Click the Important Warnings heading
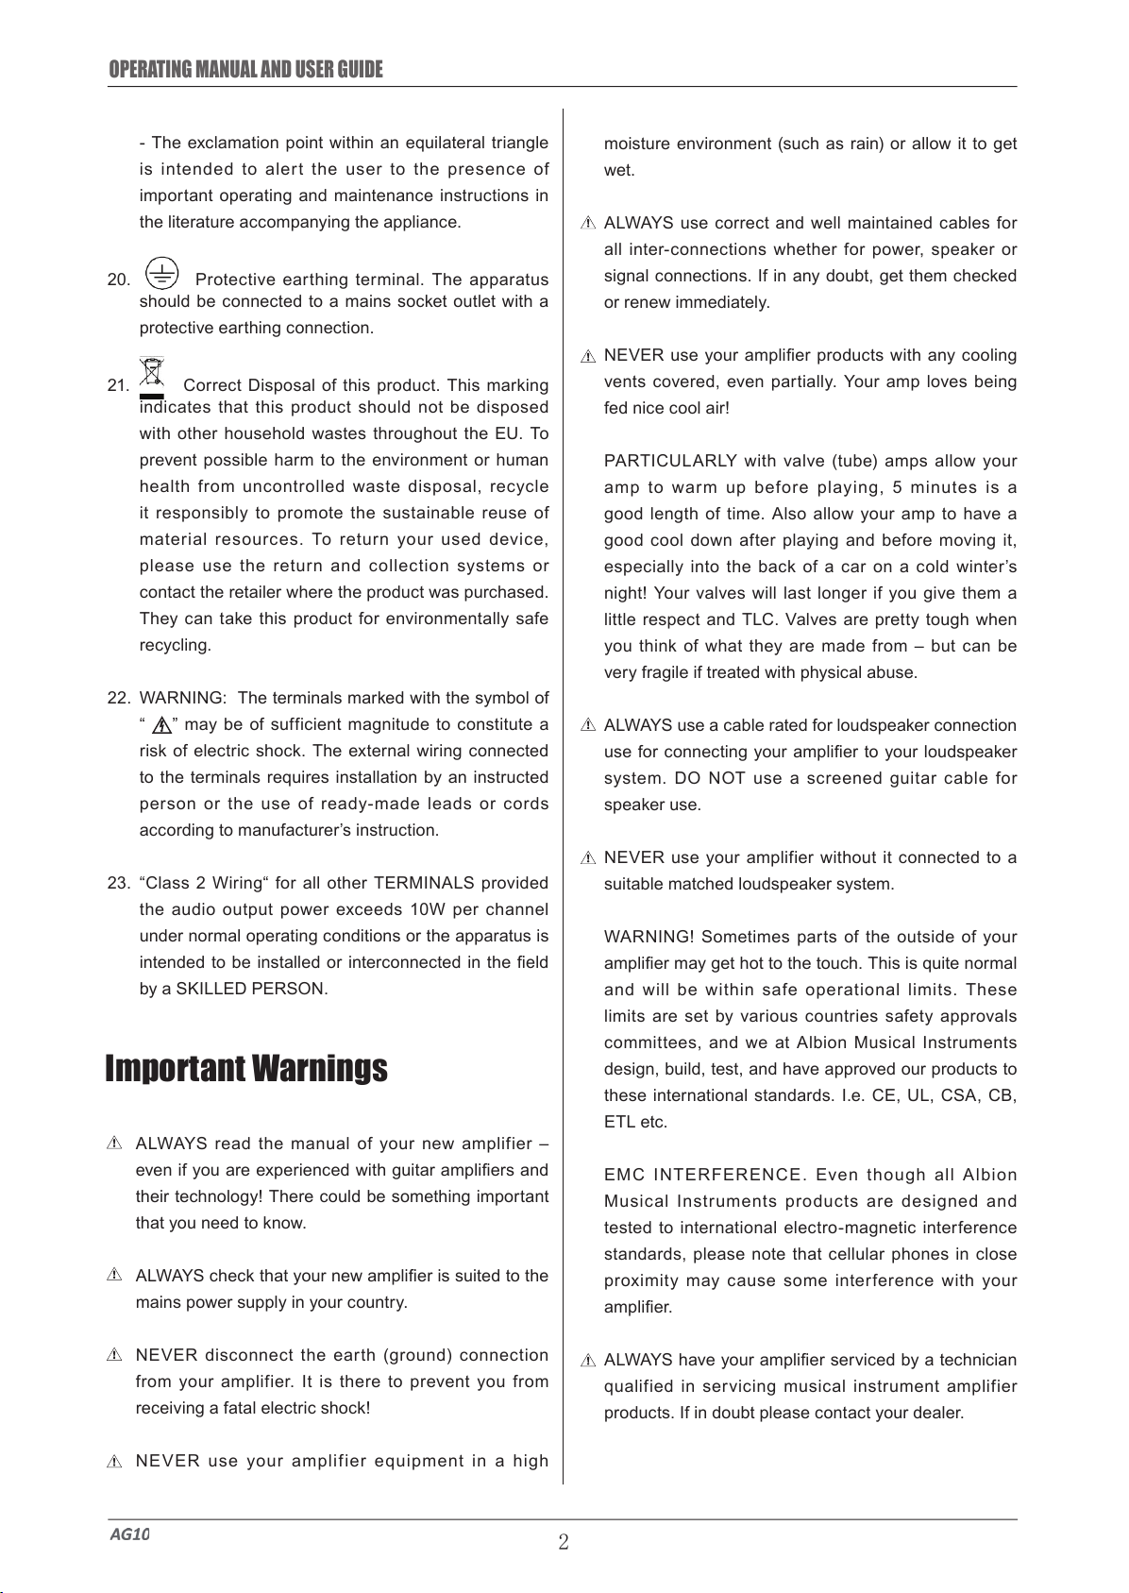pos(246,1069)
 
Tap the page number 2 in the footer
pos(564,1543)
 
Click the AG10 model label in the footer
pos(129,1534)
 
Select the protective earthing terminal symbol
pos(162,273)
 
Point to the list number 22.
pos(118,699)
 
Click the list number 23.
pos(118,884)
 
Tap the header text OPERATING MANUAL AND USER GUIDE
pos(246,70)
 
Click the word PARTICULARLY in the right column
pos(670,462)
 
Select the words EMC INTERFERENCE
pos(703,1176)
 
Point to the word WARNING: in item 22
pos(182,699)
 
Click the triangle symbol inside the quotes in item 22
pos(160,726)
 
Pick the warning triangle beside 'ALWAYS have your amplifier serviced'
pos(587,1361)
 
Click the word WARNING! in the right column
pos(649,938)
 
